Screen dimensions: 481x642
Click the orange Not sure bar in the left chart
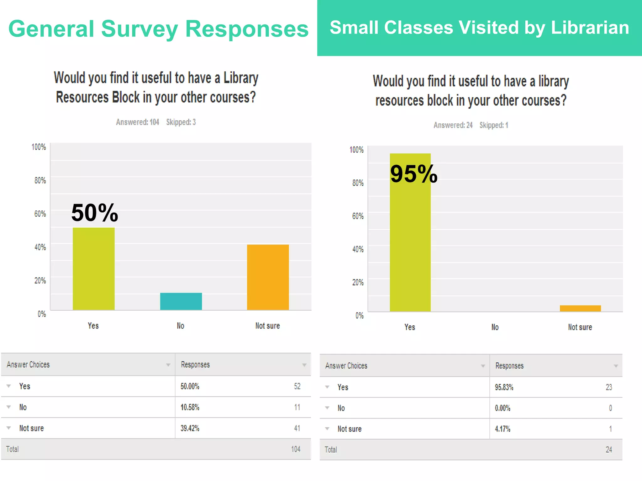point(268,277)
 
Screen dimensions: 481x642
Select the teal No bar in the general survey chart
point(181,301)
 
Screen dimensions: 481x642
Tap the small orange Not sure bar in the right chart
point(580,308)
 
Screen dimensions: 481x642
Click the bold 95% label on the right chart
point(413,174)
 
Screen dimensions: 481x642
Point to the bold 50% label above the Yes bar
point(95,213)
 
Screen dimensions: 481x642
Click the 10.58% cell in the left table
point(190,407)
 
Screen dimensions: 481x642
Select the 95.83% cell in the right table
point(504,387)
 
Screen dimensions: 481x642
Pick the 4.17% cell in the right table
point(503,429)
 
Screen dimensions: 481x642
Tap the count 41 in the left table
point(297,428)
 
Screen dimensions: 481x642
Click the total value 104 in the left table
point(296,449)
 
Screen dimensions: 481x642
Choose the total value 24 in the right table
point(609,450)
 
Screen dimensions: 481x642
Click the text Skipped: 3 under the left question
point(181,122)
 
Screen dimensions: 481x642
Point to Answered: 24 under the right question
point(453,125)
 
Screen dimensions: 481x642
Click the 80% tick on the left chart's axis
point(40,180)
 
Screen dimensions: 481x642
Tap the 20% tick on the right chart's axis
point(358,282)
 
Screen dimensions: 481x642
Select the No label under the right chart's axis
point(495,327)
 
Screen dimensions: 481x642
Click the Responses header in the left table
point(195,365)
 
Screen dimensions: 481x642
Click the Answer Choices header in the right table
point(346,366)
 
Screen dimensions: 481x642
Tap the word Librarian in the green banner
point(590,28)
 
